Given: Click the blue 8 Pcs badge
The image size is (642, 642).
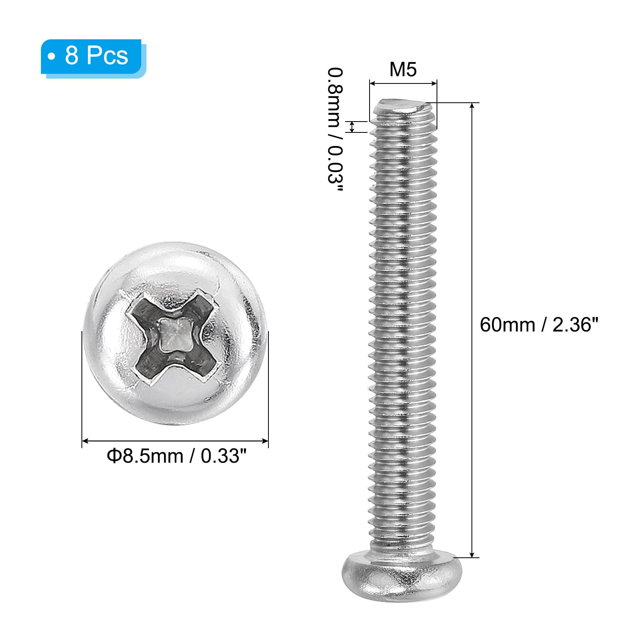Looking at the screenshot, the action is point(93,57).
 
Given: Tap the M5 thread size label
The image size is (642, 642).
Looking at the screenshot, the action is point(403,69).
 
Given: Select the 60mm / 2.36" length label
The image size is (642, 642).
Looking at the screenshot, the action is point(539,325).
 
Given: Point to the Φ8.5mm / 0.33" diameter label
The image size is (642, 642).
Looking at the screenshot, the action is point(177,456).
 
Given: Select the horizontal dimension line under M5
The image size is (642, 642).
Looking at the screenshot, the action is point(403,83).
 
